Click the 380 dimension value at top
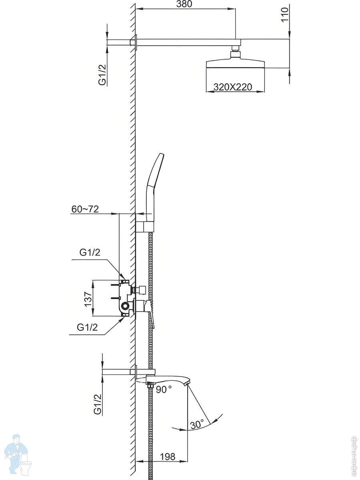point(184,4)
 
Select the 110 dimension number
point(285,14)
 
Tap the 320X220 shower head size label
point(233,87)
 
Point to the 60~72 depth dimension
point(85,209)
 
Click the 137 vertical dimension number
point(88,299)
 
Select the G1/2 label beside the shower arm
point(102,74)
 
